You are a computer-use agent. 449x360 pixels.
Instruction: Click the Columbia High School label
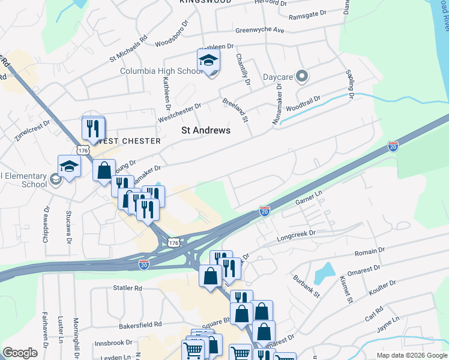(161, 71)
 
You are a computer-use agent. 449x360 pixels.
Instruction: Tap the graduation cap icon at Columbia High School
(208, 60)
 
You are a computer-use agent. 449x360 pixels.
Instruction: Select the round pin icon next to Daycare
(302, 77)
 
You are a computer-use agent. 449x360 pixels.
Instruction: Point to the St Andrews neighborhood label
(206, 130)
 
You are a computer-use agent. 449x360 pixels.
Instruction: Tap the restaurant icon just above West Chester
(93, 128)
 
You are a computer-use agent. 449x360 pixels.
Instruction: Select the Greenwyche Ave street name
(259, 29)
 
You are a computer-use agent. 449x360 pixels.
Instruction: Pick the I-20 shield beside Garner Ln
(264, 211)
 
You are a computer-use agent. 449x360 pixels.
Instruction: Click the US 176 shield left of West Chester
(82, 148)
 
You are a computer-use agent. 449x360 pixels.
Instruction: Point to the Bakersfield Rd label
(142, 324)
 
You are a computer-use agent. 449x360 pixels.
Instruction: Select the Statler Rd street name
(127, 288)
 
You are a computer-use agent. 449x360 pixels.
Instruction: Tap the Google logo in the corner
(20, 353)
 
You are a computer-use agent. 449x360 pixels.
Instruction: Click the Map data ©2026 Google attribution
(412, 355)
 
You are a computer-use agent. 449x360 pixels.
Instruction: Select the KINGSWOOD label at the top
(204, 2)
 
